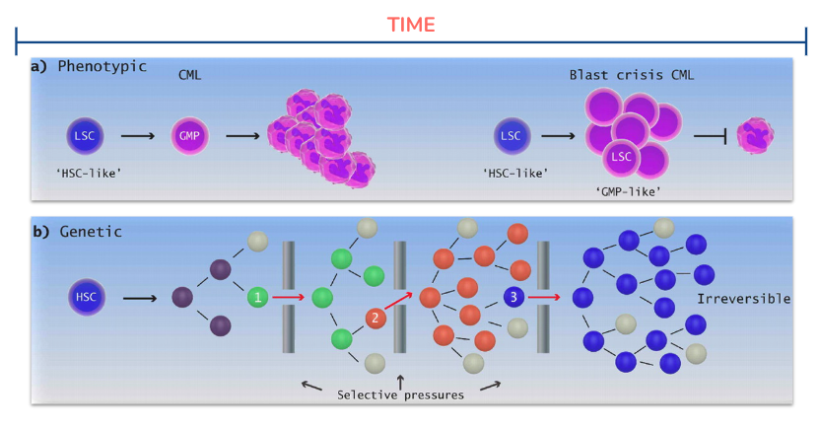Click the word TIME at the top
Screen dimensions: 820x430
[x=411, y=25]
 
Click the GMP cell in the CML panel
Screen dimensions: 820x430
[x=189, y=136]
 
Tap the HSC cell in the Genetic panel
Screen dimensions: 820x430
[x=87, y=297]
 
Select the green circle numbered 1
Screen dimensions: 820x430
[x=257, y=297]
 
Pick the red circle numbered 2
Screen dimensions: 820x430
[x=375, y=318]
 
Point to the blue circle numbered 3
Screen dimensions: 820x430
[x=513, y=297]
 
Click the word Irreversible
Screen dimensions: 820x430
[x=744, y=299]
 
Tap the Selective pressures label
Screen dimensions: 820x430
[x=400, y=394]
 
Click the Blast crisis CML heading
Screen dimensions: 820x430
[x=632, y=75]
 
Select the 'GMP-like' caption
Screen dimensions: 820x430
[x=628, y=192]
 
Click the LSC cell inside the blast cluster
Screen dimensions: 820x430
[x=621, y=157]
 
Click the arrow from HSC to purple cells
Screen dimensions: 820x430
[x=140, y=299]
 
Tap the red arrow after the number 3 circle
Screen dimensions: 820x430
[x=544, y=297]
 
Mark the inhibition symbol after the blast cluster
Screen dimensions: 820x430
[x=711, y=136]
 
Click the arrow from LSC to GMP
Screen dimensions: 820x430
[x=138, y=136]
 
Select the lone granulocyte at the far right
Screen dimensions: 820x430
[x=755, y=135]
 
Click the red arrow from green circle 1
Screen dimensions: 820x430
[x=288, y=297]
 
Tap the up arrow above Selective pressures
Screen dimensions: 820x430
[x=400, y=382]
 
